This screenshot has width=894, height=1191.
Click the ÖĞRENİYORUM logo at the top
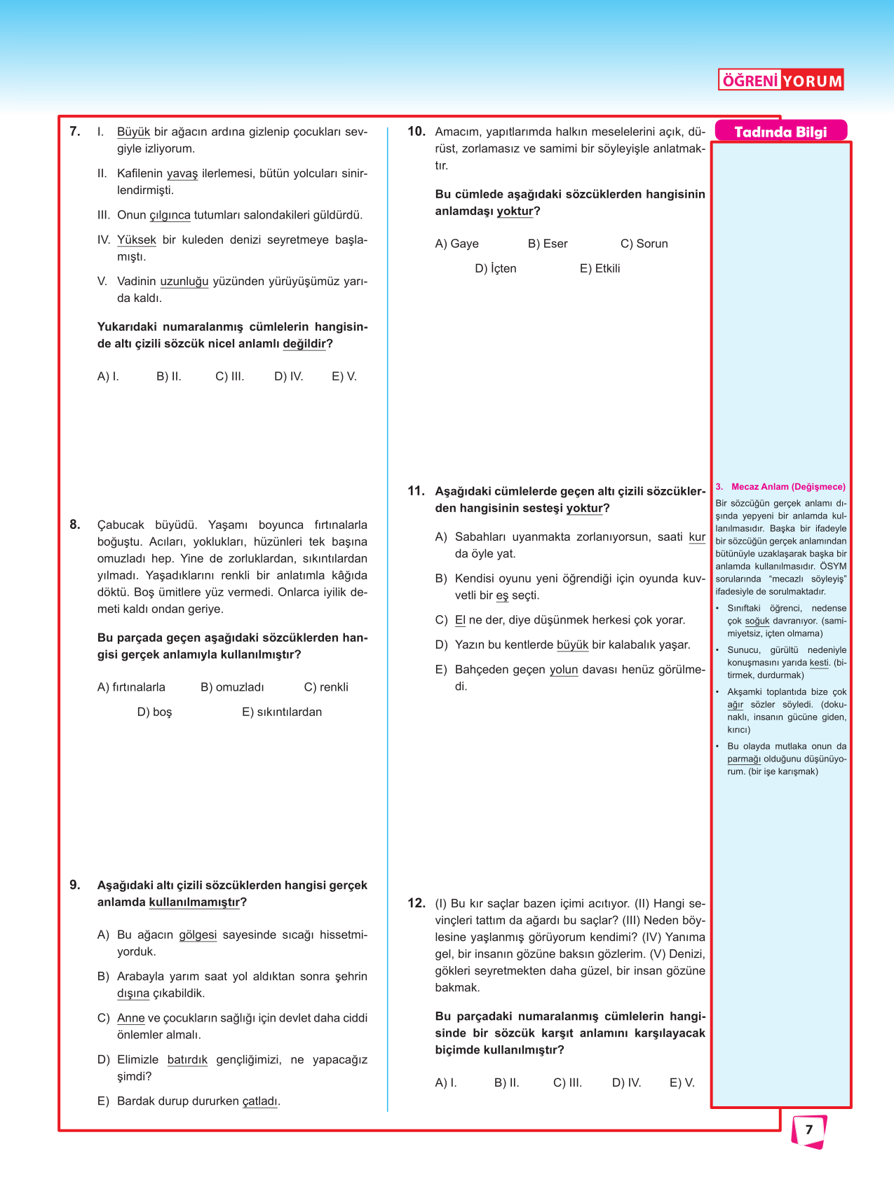pyautogui.click(x=780, y=81)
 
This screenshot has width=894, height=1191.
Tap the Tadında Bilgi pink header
pyautogui.click(x=780, y=132)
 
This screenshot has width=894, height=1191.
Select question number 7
pyautogui.click(x=75, y=131)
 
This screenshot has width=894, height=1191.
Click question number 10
pyautogui.click(x=416, y=131)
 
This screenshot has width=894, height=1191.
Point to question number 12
pyautogui.click(x=416, y=903)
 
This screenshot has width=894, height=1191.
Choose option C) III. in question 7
pyautogui.click(x=229, y=376)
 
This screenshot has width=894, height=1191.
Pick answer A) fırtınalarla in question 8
pyautogui.click(x=131, y=687)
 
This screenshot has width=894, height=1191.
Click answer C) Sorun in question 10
pyautogui.click(x=644, y=243)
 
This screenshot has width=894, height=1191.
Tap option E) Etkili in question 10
pyautogui.click(x=600, y=268)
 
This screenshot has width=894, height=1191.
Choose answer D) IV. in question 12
pyautogui.click(x=626, y=1082)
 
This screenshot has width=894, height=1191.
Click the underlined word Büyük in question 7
pyautogui.click(x=133, y=132)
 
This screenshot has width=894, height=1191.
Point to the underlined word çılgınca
pyautogui.click(x=170, y=215)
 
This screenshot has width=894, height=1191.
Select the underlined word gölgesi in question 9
pyautogui.click(x=198, y=935)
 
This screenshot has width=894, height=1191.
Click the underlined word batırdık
pyautogui.click(x=187, y=1059)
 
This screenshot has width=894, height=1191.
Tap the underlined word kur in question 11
pyautogui.click(x=697, y=537)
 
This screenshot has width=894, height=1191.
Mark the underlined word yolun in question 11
pyautogui.click(x=563, y=670)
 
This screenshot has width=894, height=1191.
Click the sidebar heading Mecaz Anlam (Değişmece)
pyautogui.click(x=787, y=486)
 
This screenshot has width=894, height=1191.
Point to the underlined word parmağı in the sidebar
pyautogui.click(x=743, y=759)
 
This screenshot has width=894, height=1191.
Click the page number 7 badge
pyautogui.click(x=808, y=1130)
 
